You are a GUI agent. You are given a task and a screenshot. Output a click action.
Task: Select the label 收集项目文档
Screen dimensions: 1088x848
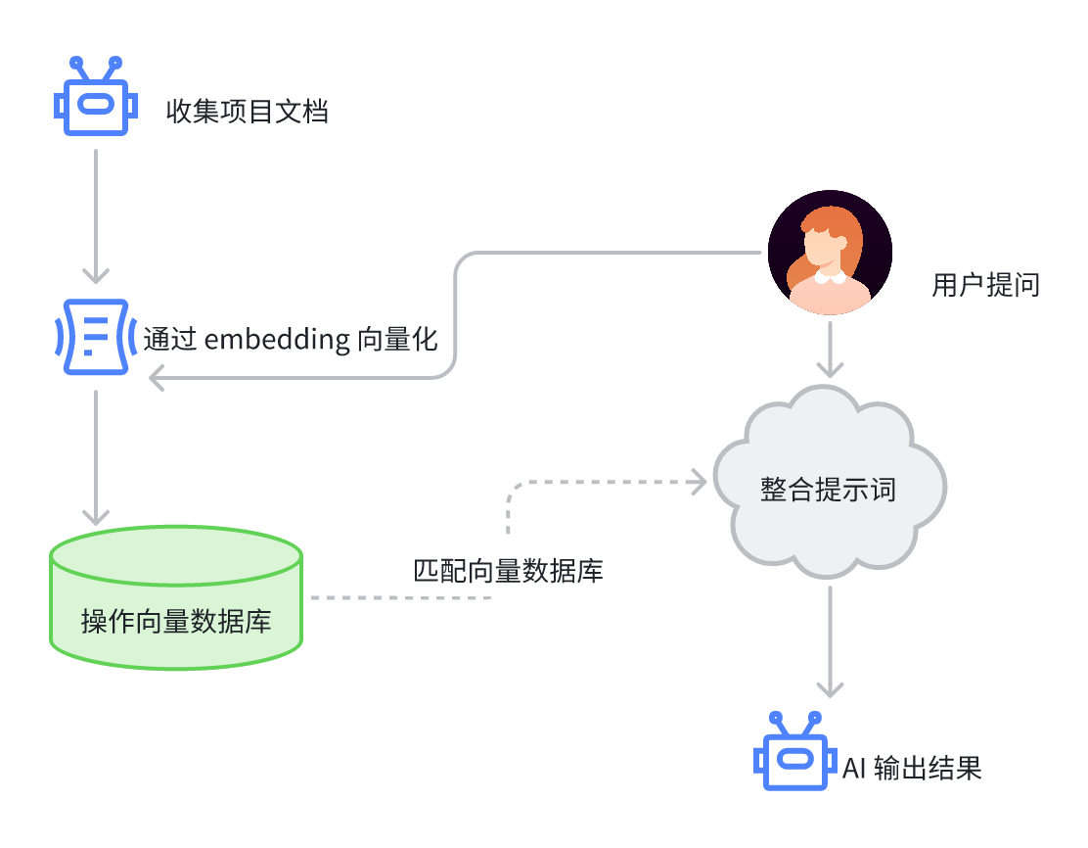pos(247,111)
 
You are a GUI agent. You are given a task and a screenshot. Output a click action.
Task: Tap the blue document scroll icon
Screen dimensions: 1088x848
pos(96,337)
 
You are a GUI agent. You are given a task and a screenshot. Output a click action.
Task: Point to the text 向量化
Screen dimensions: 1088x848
pos(397,339)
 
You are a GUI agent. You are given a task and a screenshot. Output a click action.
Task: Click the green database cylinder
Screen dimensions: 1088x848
pos(176,597)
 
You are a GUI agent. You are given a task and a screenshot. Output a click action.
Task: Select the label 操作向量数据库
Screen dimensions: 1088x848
pos(176,621)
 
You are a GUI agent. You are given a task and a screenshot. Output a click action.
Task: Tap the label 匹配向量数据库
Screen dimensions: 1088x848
pos(509,571)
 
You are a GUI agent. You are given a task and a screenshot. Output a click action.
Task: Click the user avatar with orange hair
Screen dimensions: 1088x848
pos(830,252)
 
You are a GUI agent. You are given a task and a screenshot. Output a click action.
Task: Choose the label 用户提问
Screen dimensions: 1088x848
pos(985,285)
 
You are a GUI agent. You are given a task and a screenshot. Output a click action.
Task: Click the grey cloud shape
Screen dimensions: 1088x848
pos(830,482)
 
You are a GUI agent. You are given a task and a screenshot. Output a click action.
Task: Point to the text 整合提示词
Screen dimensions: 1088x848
pos(829,490)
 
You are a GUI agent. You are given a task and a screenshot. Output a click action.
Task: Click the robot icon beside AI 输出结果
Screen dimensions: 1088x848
pos(795,751)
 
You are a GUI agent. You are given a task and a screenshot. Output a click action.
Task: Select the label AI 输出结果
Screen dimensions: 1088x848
pos(913,768)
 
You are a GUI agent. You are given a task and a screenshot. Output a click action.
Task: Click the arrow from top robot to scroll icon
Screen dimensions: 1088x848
pos(96,216)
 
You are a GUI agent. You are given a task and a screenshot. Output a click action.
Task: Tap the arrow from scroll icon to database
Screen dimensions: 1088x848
pos(96,458)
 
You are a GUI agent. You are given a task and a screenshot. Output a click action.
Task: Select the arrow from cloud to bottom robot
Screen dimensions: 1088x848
pos(830,641)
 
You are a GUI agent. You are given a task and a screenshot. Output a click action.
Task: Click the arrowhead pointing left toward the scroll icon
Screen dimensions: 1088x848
pos(157,379)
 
